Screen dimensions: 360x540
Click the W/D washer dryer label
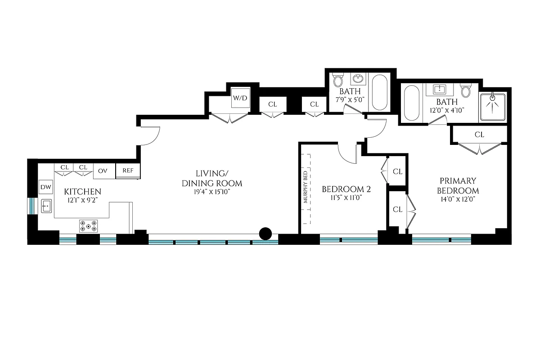pyautogui.click(x=239, y=98)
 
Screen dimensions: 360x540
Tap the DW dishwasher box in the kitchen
pyautogui.click(x=45, y=187)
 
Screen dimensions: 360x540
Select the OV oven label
pyautogui.click(x=103, y=171)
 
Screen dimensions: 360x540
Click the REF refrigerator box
pyautogui.click(x=128, y=171)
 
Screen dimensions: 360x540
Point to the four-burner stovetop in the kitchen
pyautogui.click(x=89, y=226)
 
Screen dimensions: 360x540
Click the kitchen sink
pyautogui.click(x=46, y=207)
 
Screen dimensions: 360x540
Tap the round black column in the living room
pyautogui.click(x=265, y=234)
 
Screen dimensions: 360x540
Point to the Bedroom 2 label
pyautogui.click(x=346, y=189)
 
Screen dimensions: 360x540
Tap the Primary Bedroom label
pyautogui.click(x=459, y=185)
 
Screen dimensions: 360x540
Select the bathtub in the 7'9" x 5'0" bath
pyautogui.click(x=379, y=92)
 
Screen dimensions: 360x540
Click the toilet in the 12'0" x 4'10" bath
pyautogui.click(x=466, y=91)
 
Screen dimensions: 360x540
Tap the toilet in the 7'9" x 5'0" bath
pyautogui.click(x=338, y=81)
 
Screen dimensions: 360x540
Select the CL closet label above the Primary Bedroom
pyautogui.click(x=479, y=135)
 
